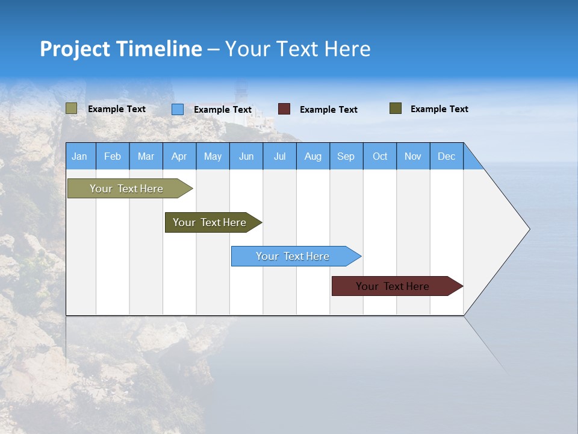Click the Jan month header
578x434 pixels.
click(x=80, y=156)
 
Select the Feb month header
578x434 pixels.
click(x=113, y=156)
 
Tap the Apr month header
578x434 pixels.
click(x=179, y=156)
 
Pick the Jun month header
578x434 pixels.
click(x=246, y=156)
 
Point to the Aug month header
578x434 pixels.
click(x=313, y=156)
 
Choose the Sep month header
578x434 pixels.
click(x=346, y=156)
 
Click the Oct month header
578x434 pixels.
click(x=380, y=156)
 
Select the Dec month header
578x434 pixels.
click(x=447, y=156)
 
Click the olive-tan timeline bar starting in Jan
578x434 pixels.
click(x=126, y=189)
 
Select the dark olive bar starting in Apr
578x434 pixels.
click(x=210, y=222)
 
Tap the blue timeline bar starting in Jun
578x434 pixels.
click(x=293, y=256)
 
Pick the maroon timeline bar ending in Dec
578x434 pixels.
click(x=393, y=286)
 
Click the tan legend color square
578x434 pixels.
click(x=72, y=108)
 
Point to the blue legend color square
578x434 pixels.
click(x=178, y=109)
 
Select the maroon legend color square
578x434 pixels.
click(x=284, y=109)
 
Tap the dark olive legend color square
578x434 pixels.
click(x=396, y=108)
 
